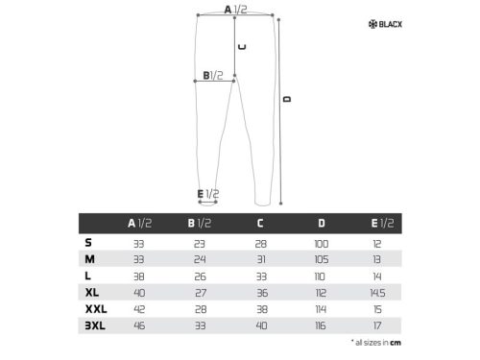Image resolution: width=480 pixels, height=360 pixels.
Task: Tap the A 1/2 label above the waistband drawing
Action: tap(235, 10)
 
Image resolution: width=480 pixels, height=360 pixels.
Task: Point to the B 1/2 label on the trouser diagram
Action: tap(212, 75)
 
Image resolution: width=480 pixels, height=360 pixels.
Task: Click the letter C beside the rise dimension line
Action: tap(242, 45)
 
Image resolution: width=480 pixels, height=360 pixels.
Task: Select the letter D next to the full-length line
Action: tap(286, 99)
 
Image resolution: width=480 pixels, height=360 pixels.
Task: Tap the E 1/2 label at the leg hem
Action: tap(208, 194)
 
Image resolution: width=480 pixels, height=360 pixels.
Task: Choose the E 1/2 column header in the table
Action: tap(381, 224)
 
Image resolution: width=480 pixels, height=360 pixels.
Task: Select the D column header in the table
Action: tap(321, 224)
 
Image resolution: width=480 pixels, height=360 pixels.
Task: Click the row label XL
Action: tap(91, 290)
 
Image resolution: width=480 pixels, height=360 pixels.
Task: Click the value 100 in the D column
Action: tap(321, 244)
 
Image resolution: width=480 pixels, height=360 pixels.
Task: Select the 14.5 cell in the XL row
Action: tap(381, 291)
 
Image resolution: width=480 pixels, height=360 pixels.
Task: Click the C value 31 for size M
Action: tap(260, 259)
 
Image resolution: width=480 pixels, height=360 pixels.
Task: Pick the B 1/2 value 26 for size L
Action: tap(200, 276)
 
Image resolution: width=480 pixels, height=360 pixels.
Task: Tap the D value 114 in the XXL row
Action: tap(321, 307)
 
